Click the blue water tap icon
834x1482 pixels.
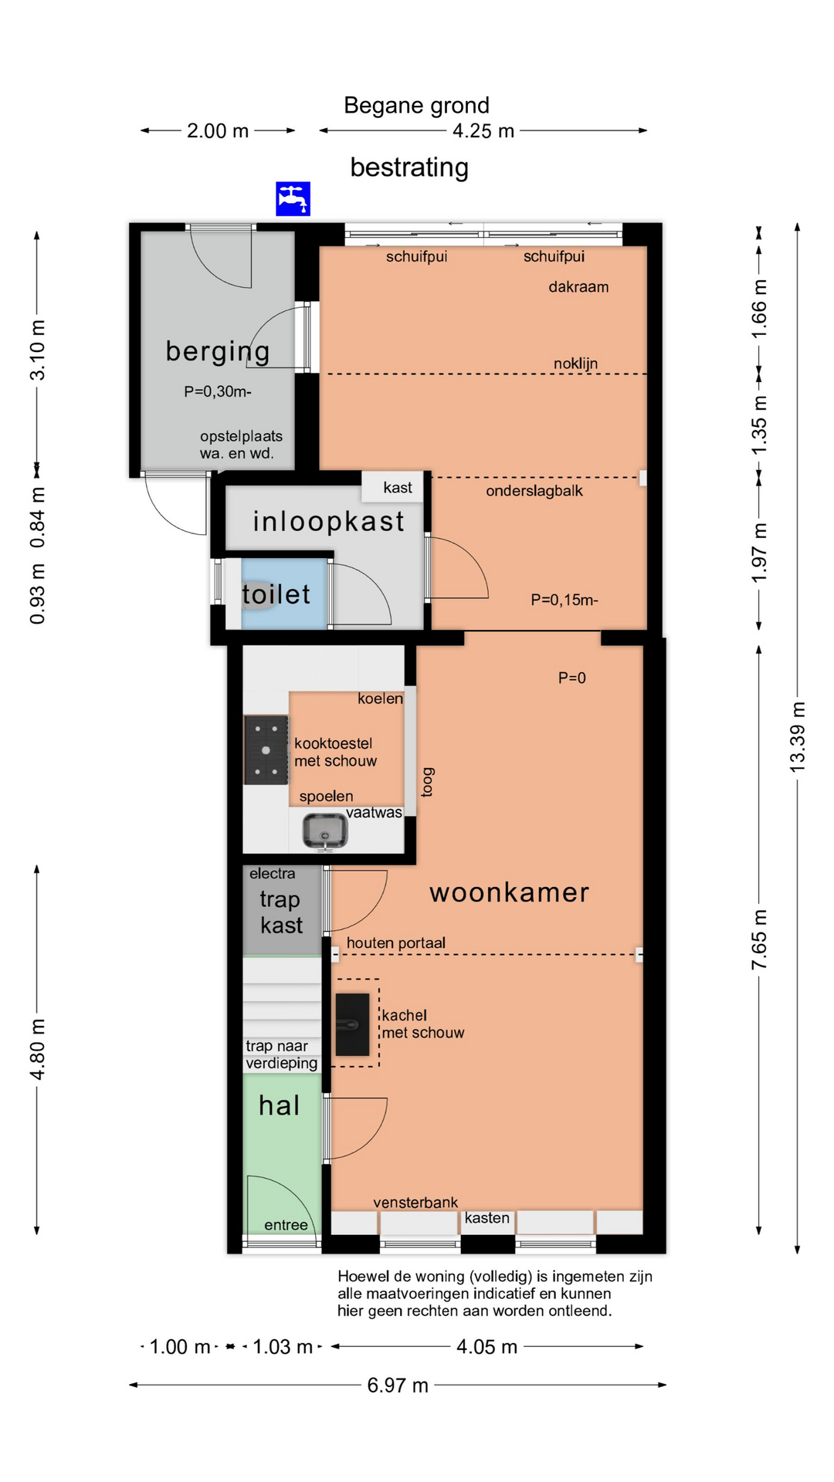click(293, 198)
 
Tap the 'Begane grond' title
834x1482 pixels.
click(416, 106)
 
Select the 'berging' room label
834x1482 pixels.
click(218, 352)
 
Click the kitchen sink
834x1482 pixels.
click(324, 831)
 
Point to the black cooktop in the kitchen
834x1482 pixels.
click(266, 749)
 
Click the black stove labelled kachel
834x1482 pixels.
click(352, 1024)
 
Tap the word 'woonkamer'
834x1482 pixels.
click(510, 893)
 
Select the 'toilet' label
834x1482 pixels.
click(276, 594)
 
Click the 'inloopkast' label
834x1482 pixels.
click(329, 522)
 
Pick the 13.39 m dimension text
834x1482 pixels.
click(798, 737)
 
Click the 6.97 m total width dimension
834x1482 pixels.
click(398, 1386)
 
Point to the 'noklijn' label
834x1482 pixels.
click(575, 364)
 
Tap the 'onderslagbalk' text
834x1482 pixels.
click(534, 491)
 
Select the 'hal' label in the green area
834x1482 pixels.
click(280, 1105)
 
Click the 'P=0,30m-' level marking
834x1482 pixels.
click(218, 391)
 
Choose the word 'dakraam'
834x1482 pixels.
click(578, 287)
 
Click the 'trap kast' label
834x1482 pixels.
click(281, 912)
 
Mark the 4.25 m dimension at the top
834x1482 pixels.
click(483, 131)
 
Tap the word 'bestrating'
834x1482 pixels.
click(409, 167)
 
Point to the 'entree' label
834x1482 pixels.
click(286, 1225)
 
